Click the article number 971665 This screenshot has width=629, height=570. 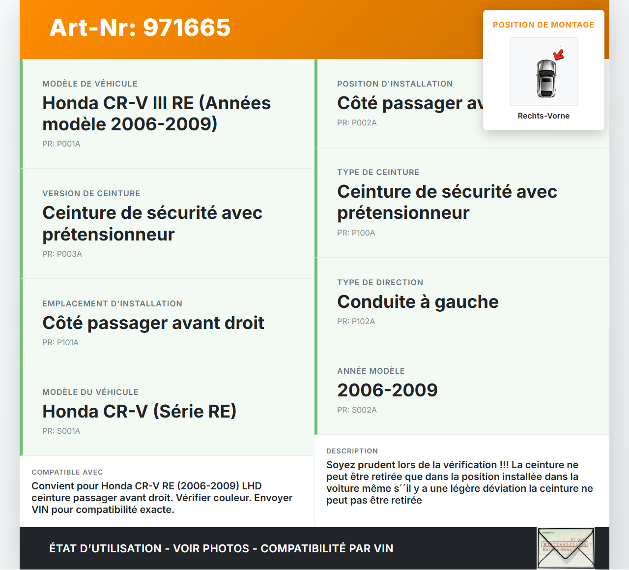click(x=187, y=28)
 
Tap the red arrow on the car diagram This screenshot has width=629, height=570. click(x=559, y=54)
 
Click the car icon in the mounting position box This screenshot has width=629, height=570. click(x=545, y=78)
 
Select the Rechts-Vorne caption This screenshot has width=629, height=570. click(x=543, y=116)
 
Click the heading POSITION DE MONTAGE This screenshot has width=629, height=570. click(x=543, y=25)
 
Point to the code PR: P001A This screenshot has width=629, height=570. click(x=61, y=144)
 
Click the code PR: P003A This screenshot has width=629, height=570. click(x=62, y=254)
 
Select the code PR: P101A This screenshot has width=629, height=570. click(x=60, y=343)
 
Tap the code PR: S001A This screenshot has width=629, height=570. click(x=61, y=431)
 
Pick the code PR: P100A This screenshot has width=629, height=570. click(x=356, y=233)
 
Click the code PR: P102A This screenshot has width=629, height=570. click(x=356, y=322)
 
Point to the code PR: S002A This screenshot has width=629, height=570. click(x=357, y=410)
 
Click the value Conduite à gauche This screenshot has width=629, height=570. click(x=418, y=301)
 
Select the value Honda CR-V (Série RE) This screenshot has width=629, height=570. click(x=140, y=411)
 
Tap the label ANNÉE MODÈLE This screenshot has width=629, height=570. click(x=371, y=371)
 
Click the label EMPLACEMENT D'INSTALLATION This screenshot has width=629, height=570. click(x=113, y=304)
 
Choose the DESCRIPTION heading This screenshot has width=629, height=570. click(x=352, y=451)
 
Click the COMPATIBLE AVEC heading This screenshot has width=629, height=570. click(x=67, y=473)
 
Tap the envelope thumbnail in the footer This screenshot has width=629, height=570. click(x=566, y=548)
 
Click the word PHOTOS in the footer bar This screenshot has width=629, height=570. click(x=226, y=549)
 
